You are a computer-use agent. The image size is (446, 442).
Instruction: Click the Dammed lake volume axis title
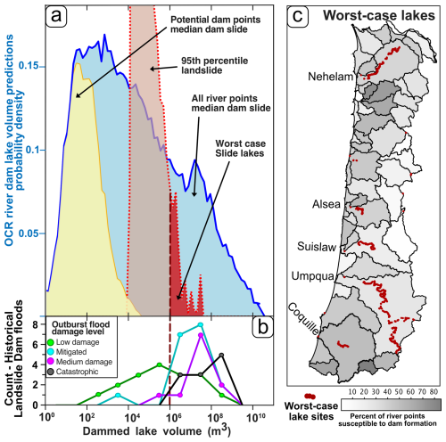[x=153, y=431]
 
